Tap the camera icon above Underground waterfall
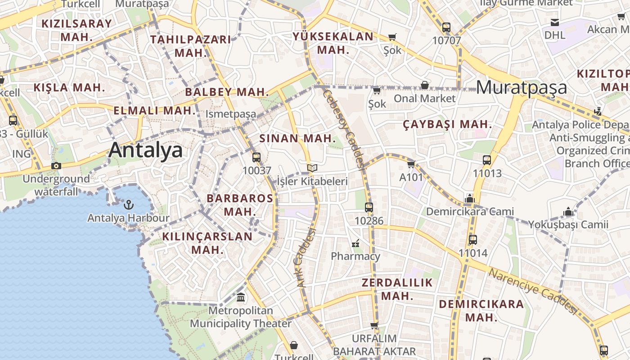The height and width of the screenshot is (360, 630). pos(56,166)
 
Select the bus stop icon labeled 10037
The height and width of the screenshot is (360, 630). pos(256,157)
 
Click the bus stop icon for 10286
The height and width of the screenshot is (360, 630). pos(369,207)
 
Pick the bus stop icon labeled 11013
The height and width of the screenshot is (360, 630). pos(486,160)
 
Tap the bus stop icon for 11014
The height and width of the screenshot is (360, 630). pos(472,240)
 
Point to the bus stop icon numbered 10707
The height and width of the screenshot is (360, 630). pos(446,27)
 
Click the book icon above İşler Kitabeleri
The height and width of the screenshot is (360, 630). pos(312,168)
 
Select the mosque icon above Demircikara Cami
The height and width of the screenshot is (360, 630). pos(470,198)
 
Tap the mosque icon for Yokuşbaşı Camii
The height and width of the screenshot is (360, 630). pos(568,211)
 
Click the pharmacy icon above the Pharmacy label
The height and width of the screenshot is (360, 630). pos(356,243)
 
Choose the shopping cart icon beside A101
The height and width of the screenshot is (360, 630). pos(411,164)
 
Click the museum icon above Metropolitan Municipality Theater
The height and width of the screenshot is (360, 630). pos(241,297)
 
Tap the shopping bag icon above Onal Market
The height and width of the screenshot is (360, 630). pos(424,85)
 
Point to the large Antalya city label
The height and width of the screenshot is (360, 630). pos(145,150)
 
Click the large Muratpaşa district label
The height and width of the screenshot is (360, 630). pos(521,87)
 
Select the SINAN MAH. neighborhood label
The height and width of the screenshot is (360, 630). pos(297,138)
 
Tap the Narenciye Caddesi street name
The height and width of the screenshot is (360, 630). pos(533,291)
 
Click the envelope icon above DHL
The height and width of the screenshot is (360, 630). pos(555,22)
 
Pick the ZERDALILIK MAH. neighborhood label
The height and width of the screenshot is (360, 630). pos(397,289)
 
